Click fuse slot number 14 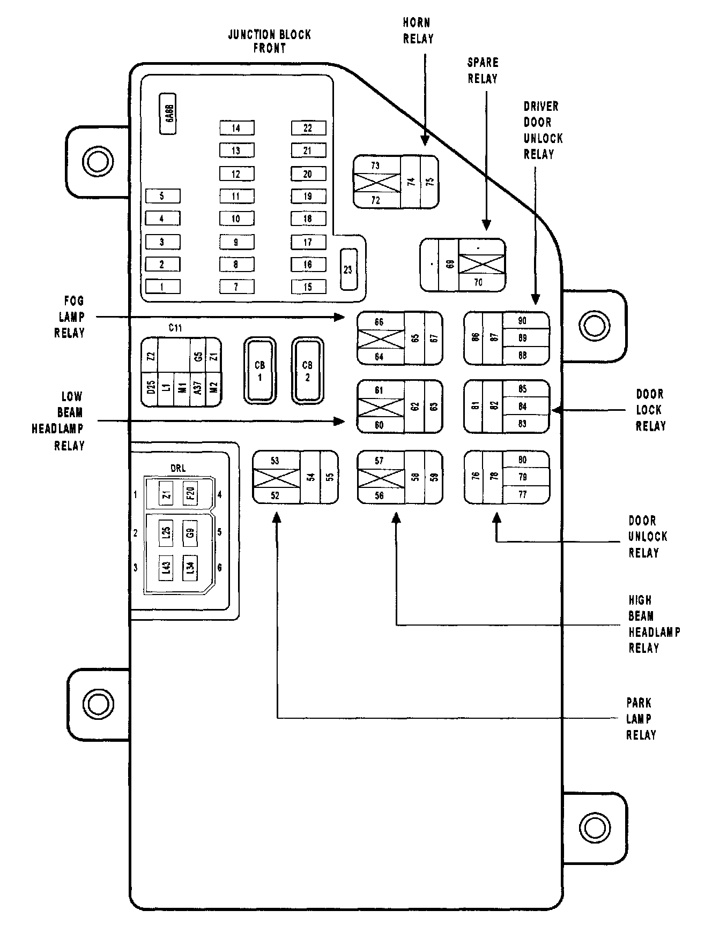(236, 128)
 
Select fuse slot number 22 (308, 128)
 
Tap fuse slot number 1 (162, 287)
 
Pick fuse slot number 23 (348, 269)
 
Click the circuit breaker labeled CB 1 (260, 371)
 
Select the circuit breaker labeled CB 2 (307, 371)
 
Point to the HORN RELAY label (418, 31)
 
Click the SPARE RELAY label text (483, 71)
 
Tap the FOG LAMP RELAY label (70, 317)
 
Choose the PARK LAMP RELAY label (640, 719)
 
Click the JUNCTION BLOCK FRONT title (269, 41)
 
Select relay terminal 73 (376, 165)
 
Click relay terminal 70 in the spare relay (478, 283)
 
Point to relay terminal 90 (523, 320)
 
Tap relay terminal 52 (275, 496)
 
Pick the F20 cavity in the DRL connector (190, 493)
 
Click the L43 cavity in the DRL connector (166, 568)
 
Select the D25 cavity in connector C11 (151, 387)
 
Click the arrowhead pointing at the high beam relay (397, 518)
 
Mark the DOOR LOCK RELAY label (650, 410)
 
